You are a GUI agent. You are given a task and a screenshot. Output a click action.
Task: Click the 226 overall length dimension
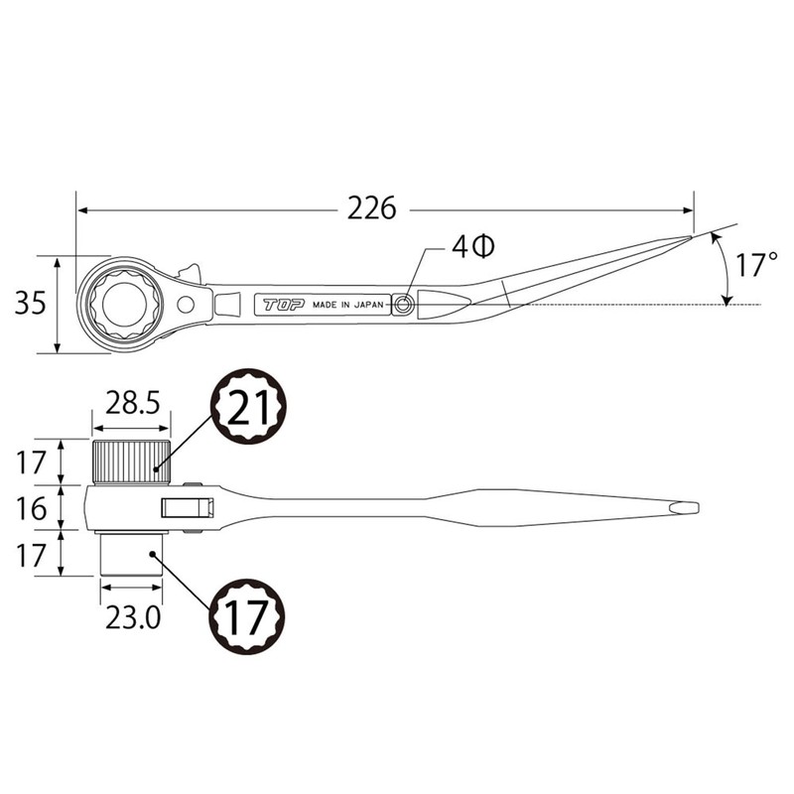(x=371, y=208)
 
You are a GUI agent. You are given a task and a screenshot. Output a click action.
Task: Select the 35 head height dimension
(x=31, y=303)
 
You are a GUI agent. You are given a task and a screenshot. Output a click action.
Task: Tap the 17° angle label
(x=755, y=265)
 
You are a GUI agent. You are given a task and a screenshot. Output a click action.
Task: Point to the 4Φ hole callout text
(x=473, y=246)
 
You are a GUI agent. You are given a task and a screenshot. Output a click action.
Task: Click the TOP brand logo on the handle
(x=284, y=305)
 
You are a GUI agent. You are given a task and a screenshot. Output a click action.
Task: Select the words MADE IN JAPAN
(x=348, y=305)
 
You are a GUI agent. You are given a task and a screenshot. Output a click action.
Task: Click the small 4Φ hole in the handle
(x=404, y=305)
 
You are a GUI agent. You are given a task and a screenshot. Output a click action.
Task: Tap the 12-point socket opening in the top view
(x=124, y=304)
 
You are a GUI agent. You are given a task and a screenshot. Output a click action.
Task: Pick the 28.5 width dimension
(x=132, y=404)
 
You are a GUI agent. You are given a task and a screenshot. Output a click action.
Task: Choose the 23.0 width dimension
(x=133, y=617)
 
